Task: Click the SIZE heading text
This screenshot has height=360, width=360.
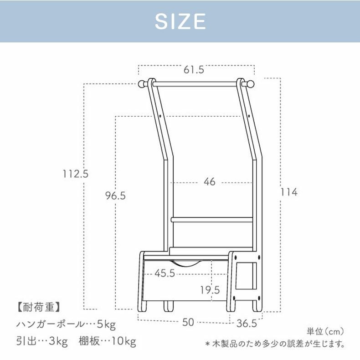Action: (180, 21)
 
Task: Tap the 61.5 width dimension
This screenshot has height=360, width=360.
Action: (194, 70)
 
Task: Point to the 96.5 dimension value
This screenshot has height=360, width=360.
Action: (115, 195)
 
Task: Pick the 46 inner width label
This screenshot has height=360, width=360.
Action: (209, 182)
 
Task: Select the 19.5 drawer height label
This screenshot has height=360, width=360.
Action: (210, 290)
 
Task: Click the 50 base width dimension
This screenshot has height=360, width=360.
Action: (188, 322)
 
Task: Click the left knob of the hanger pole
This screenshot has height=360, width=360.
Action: (142, 84)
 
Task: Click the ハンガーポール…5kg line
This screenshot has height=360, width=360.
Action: (66, 324)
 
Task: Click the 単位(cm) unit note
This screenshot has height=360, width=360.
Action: (325, 331)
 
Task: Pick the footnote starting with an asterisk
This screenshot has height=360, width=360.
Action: (274, 344)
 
